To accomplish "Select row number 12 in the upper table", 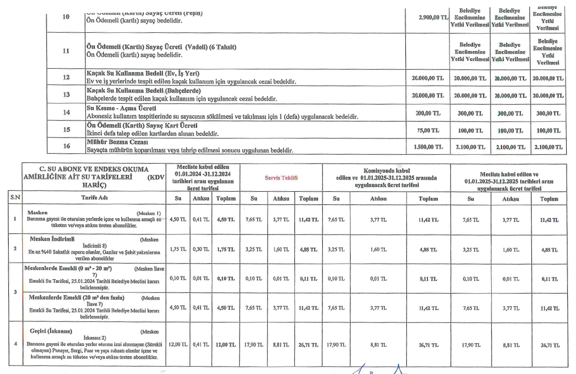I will (66, 78).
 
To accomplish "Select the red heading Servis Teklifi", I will (281, 178).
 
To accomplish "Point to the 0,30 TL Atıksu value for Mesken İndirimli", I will (201, 249).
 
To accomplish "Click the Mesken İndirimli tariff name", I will (52, 239).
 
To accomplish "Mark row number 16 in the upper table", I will (66, 146).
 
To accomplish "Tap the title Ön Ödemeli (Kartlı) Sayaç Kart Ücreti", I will (142, 126).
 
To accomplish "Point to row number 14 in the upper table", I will (66, 113).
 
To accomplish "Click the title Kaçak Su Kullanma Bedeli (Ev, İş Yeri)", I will (143, 73).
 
